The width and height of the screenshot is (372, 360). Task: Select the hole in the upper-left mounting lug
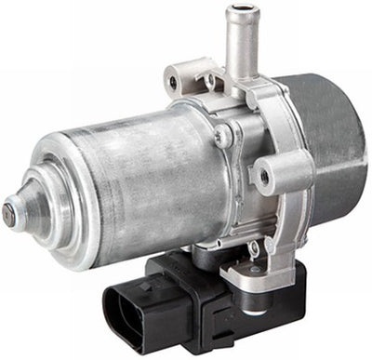(x=172, y=82)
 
